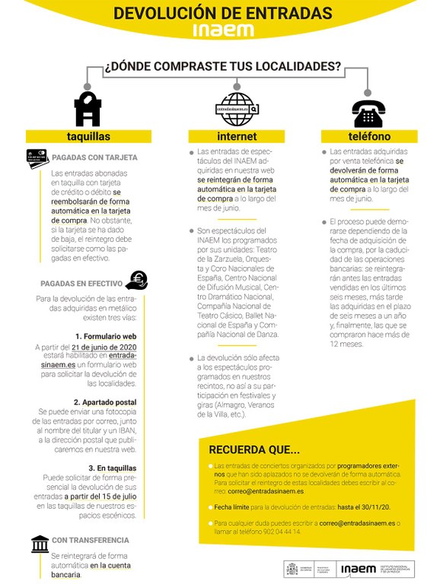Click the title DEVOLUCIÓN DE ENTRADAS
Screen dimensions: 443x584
pos(222,13)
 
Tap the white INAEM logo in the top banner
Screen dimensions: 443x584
pos(222,30)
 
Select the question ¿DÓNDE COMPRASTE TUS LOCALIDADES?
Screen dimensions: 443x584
pos(222,66)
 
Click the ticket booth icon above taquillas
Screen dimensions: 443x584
pos(88,109)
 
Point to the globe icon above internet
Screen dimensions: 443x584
pos(237,109)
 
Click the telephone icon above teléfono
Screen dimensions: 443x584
pos(368,113)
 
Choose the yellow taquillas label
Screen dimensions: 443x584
pos(88,137)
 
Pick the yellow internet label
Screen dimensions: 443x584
pos(237,137)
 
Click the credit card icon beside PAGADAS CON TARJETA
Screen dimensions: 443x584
pos(37,158)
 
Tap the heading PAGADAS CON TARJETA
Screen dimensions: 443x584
pos(94,157)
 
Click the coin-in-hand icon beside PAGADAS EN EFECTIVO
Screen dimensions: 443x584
pos(137,281)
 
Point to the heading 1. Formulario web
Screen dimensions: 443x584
pos(105,335)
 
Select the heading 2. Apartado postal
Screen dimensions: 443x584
pos(105,401)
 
